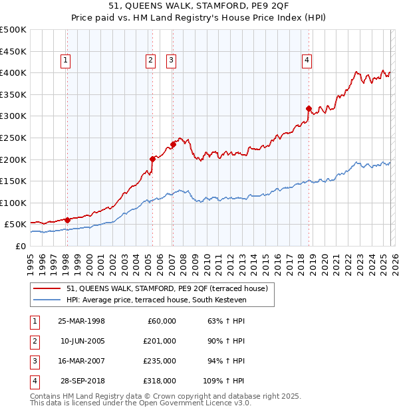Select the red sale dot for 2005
(x=152, y=159)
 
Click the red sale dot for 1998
(x=67, y=220)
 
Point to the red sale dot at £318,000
(x=309, y=108)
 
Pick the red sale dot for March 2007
(x=173, y=144)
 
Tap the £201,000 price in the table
(x=159, y=341)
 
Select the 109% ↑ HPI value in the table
(x=224, y=381)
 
